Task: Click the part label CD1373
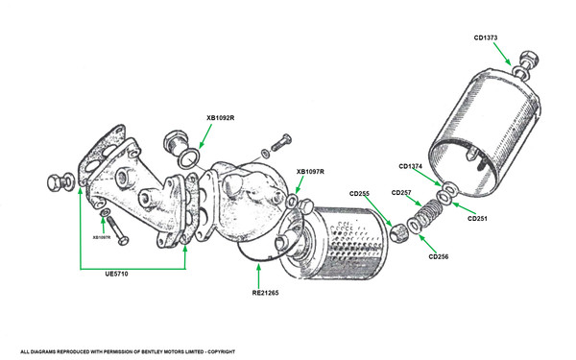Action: coord(485,37)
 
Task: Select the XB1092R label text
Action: coord(221,118)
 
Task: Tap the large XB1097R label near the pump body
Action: coord(310,172)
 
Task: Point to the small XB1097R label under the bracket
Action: coord(102,237)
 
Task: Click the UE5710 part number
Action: coord(116,274)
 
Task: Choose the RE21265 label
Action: coord(265,293)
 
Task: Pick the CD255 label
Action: coord(359,194)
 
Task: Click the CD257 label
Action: coord(401,193)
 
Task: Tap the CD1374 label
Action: coord(411,166)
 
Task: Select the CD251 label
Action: coord(477,219)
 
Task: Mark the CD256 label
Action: coord(439,256)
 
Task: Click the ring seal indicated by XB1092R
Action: coord(188,159)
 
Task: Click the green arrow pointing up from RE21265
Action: coord(258,276)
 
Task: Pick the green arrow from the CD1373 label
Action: coord(502,54)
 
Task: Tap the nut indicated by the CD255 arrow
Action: coord(396,233)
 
